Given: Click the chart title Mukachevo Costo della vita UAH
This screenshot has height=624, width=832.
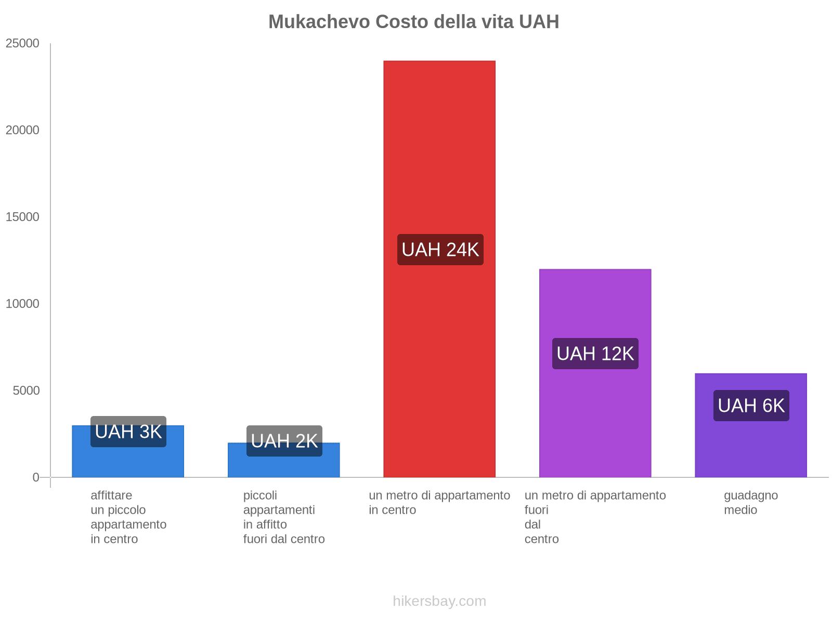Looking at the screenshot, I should (413, 22).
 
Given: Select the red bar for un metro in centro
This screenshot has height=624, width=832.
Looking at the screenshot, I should (439, 156).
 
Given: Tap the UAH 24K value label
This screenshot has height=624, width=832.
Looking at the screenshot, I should (440, 250).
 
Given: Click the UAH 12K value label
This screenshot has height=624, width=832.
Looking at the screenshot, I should (595, 354).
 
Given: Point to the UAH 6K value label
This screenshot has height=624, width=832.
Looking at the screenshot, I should (751, 406).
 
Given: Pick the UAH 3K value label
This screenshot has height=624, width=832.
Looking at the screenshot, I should (128, 432).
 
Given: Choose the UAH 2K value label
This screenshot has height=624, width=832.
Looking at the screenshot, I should (284, 441).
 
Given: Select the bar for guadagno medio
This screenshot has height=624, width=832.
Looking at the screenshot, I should (751, 447).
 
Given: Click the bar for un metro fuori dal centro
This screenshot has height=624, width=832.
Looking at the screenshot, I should (595, 416).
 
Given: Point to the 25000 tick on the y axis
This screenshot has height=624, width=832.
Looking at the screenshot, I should (23, 44).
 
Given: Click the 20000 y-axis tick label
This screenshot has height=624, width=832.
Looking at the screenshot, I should (23, 131).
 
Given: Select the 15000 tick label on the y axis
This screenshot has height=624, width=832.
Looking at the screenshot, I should (23, 217).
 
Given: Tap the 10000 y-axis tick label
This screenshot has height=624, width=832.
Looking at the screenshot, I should (23, 304).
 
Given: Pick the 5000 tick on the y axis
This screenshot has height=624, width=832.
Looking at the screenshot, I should (27, 391).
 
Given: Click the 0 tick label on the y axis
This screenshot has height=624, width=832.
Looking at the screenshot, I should (36, 477).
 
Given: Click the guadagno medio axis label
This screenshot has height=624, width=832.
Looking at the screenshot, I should (751, 502).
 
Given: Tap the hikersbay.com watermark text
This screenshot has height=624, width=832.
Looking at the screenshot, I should (439, 601).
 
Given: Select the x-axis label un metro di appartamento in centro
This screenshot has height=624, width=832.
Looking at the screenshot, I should (439, 502).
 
